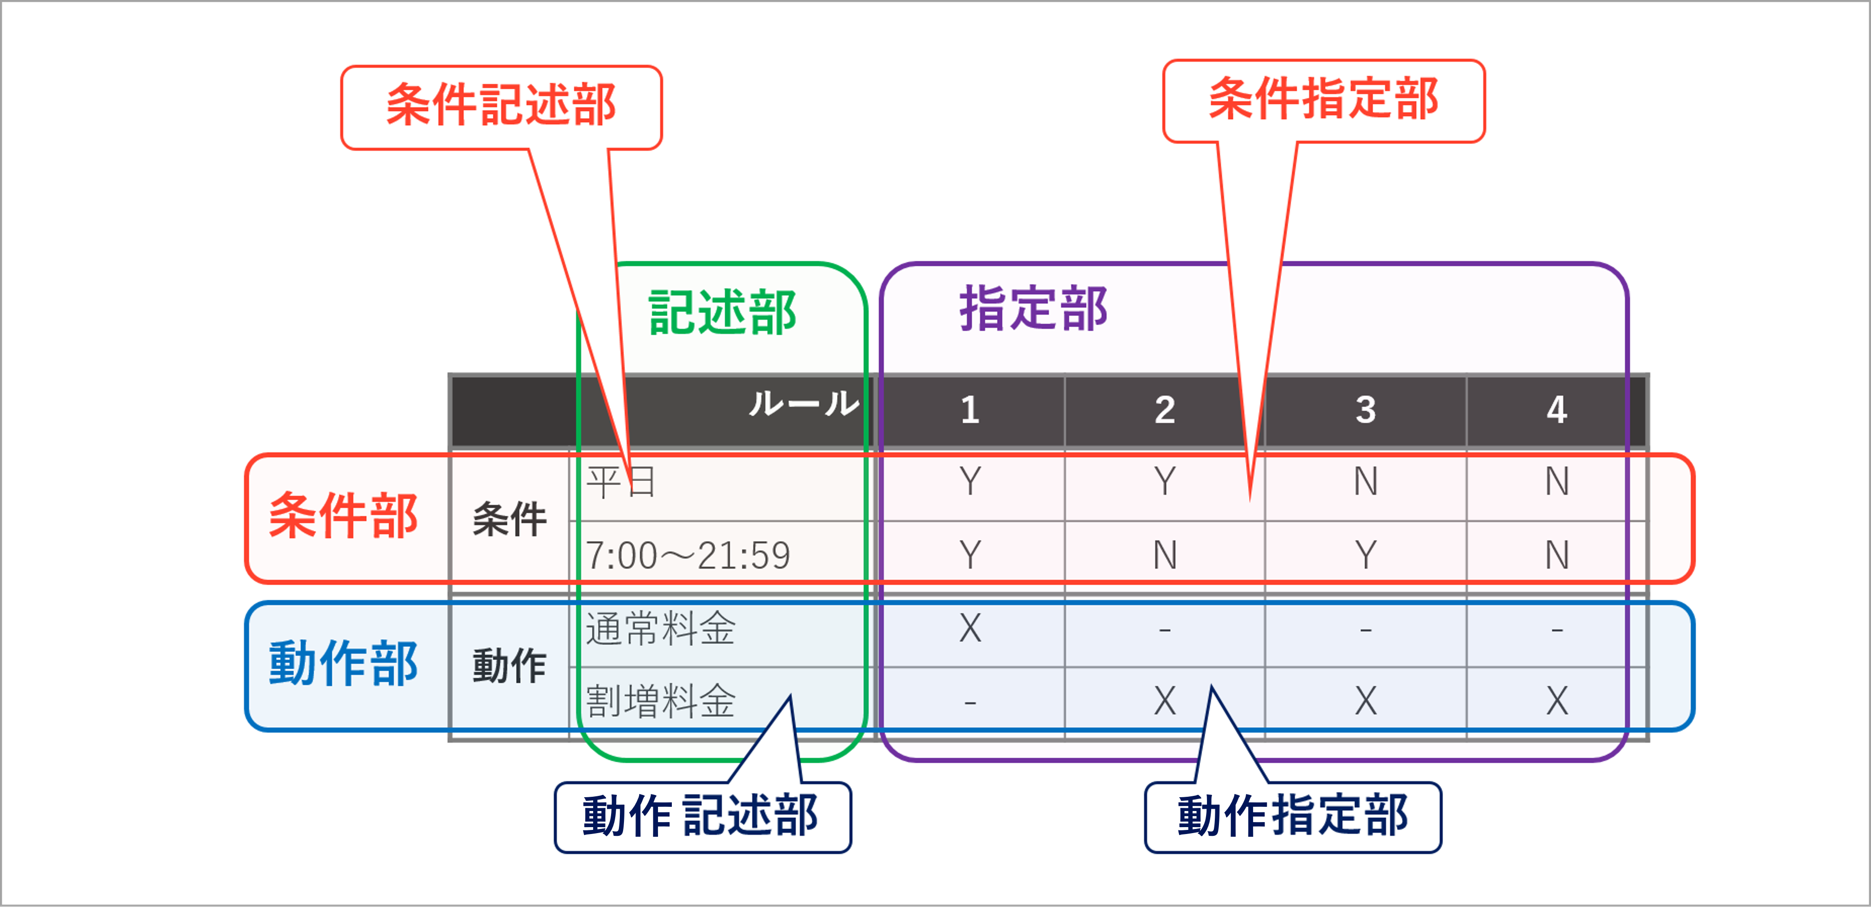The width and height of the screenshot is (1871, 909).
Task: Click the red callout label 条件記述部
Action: pos(501,105)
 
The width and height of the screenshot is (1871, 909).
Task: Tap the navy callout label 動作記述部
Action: pos(702,816)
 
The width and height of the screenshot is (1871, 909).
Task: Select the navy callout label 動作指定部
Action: pos(1293,816)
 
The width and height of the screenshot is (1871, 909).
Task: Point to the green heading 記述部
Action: pos(723,313)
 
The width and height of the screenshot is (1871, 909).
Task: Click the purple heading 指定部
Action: pos(1034,309)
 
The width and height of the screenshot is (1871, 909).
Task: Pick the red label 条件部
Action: pos(344,516)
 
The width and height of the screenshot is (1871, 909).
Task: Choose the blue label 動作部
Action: pos(344,663)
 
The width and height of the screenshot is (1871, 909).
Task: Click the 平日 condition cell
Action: pos(622,483)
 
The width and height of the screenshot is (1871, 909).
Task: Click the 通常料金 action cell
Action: pos(661,629)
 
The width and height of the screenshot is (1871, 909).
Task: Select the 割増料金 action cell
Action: pos(661,702)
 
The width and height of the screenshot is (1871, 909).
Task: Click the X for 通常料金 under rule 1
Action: pos(970,628)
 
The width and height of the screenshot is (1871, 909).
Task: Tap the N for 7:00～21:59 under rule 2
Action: pos(1165,555)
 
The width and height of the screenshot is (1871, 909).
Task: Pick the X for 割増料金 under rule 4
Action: pos(1557,702)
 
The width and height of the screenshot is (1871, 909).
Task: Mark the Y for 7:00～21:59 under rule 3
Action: pos(1365,555)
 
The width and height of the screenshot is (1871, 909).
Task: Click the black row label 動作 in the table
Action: pos(509,666)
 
